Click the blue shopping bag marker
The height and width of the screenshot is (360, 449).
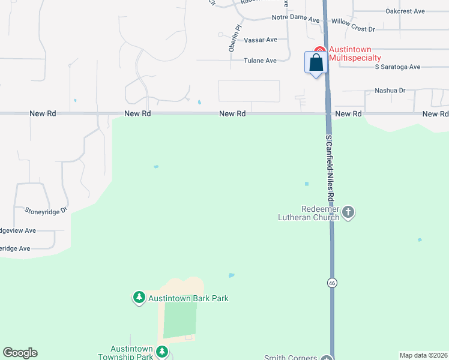[x=316, y=63]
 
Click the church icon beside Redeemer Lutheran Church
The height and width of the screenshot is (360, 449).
[x=349, y=211]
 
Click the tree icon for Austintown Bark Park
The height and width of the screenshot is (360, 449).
[x=139, y=297]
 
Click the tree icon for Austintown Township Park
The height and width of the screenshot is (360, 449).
[x=161, y=352]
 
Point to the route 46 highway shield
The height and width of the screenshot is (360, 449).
[x=331, y=282]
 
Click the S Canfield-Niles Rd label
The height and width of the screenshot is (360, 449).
[x=329, y=167]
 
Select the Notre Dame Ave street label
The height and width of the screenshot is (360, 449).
[x=296, y=19]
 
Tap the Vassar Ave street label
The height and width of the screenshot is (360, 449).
[x=261, y=40]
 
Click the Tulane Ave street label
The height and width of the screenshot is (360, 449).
[x=260, y=61]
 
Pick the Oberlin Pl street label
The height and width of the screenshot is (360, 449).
[x=235, y=38]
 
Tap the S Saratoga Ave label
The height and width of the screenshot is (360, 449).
[x=397, y=67]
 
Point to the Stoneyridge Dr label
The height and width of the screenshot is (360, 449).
[x=46, y=211]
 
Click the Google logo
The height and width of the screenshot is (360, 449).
[x=20, y=353]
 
